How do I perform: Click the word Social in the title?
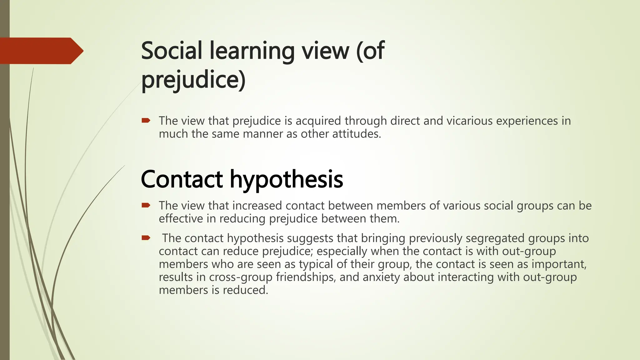[x=172, y=51]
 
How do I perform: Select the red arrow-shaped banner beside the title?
[x=41, y=51]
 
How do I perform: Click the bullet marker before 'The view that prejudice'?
[x=146, y=121]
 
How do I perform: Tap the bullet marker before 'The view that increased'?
[x=146, y=205]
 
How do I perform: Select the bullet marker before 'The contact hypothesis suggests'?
[x=146, y=238]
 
